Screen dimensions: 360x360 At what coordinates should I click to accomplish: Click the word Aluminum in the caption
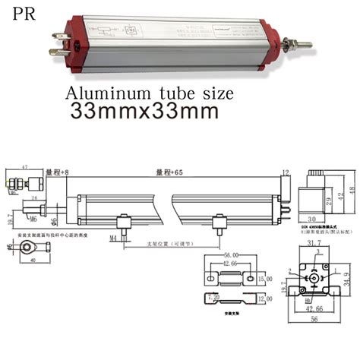112,93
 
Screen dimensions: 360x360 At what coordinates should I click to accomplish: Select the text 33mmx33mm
144,111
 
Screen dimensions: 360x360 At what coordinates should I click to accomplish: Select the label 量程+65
169,174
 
